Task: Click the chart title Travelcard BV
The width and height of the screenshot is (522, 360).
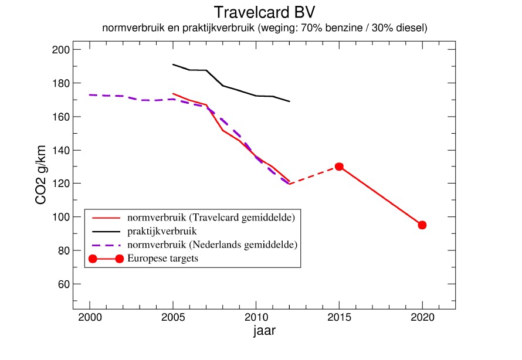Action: [x=260, y=12]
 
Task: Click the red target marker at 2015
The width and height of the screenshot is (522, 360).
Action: [x=339, y=167]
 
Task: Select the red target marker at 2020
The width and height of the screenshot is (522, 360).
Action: [x=422, y=225]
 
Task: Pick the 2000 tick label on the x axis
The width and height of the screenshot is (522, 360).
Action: [x=90, y=318]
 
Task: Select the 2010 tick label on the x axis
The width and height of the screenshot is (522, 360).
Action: [x=256, y=318]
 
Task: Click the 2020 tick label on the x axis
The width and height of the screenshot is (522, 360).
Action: [x=422, y=318]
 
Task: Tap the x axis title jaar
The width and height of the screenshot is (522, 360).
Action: [x=265, y=331]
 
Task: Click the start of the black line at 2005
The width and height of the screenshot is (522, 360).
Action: [x=173, y=64]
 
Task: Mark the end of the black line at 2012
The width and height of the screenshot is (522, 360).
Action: [x=290, y=101]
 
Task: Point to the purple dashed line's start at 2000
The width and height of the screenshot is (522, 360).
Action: [x=90, y=95]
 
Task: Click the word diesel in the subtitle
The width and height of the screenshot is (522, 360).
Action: [x=408, y=28]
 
